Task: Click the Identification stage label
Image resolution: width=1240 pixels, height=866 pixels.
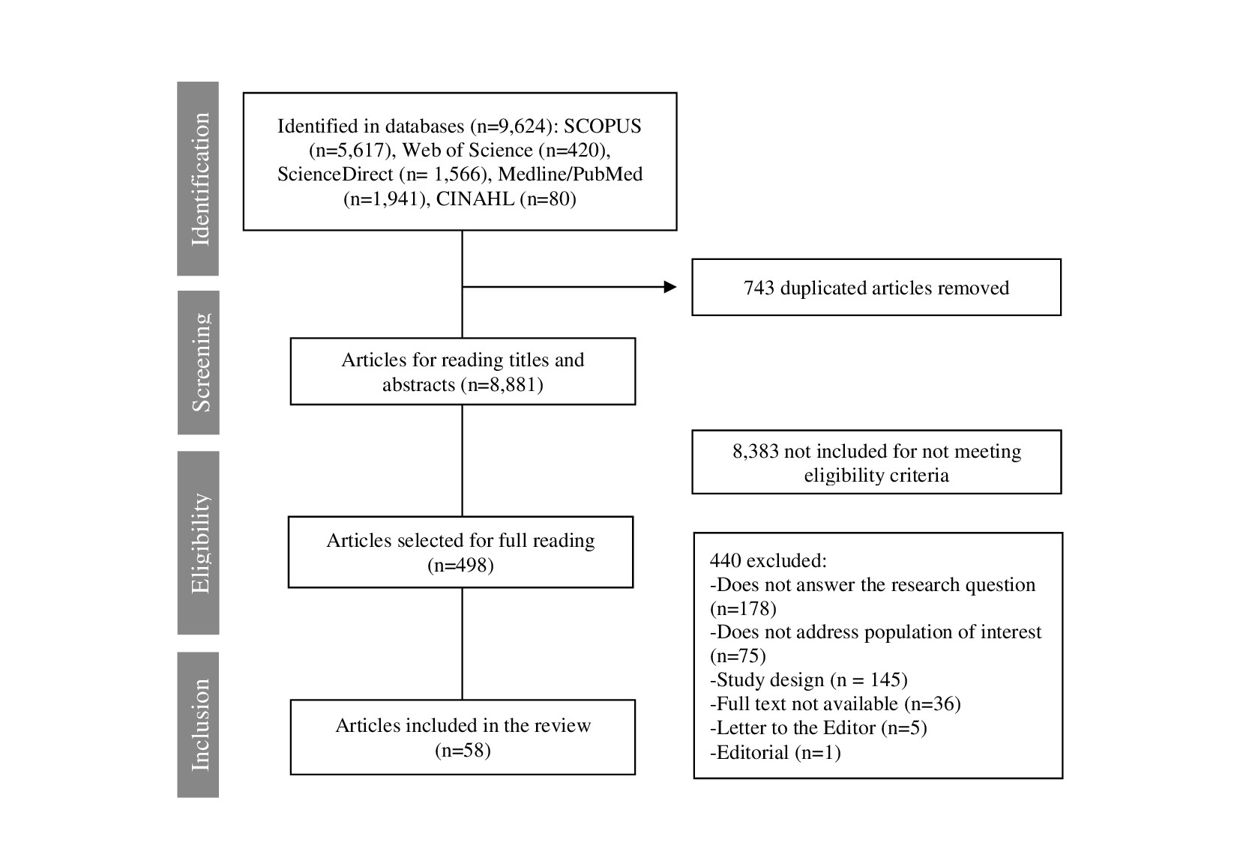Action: click(200, 178)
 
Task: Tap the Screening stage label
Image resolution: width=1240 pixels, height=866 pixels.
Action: click(200, 363)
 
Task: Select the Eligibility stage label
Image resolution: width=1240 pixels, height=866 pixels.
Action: click(200, 543)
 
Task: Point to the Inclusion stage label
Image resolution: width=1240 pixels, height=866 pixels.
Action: click(200, 724)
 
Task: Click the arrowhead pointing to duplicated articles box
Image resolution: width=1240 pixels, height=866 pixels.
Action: click(669, 287)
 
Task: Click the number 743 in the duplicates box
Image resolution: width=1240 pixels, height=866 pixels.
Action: click(759, 288)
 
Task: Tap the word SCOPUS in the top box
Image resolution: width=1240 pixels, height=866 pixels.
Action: click(602, 126)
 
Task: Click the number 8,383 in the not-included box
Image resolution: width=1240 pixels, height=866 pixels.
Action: click(756, 452)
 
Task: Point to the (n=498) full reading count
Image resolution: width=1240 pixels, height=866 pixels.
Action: click(460, 565)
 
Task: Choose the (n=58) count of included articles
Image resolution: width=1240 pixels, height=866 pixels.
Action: click(463, 750)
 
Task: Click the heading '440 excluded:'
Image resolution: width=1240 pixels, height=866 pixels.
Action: click(768, 561)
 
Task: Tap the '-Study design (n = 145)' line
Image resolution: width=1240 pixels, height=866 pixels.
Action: click(809, 679)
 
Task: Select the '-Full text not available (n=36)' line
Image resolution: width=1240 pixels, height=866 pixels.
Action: click(835, 703)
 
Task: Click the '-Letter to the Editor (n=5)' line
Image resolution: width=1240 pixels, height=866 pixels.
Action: click(818, 727)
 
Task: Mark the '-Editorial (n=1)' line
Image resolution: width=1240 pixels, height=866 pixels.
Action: click(775, 752)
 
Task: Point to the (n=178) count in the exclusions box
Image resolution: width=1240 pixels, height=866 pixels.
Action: click(743, 608)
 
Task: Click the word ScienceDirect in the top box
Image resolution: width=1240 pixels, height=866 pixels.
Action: click(335, 175)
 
